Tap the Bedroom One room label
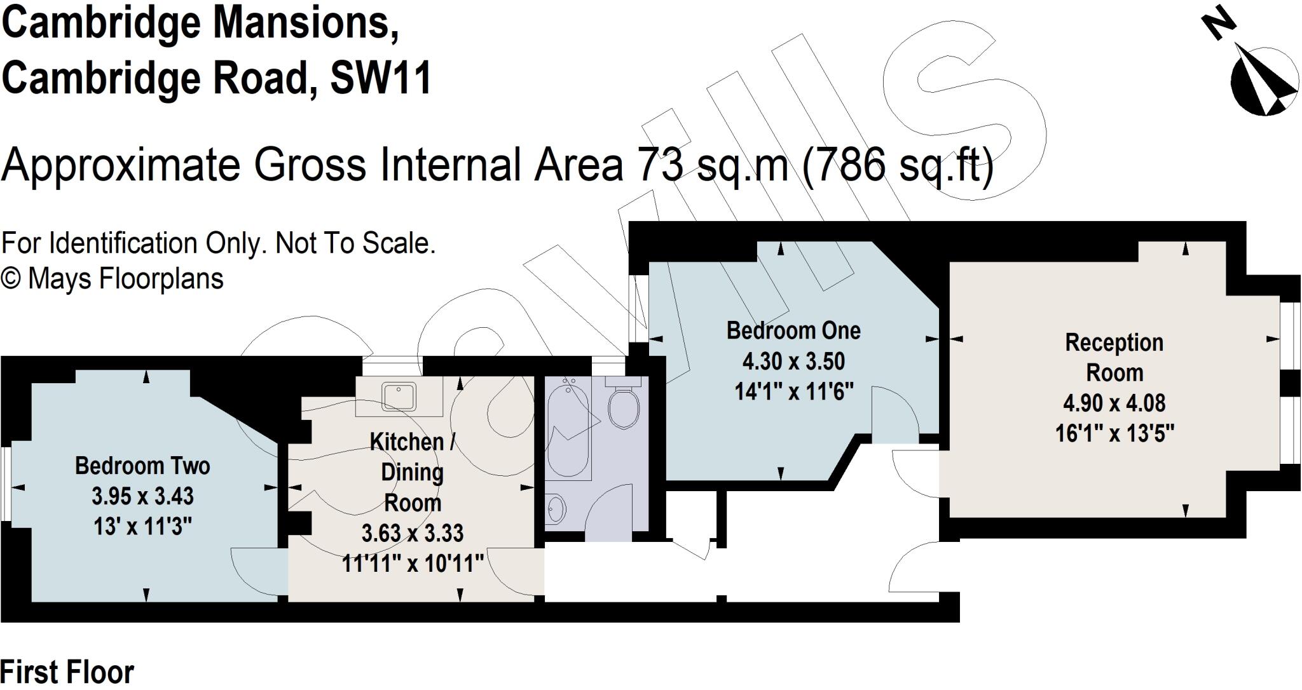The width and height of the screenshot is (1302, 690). (x=793, y=330)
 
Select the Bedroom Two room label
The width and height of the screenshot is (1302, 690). (x=142, y=466)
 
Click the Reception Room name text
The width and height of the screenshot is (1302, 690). (x=1114, y=357)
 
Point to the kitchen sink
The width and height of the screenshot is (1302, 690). (x=399, y=396)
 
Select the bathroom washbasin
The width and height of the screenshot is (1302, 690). (x=555, y=509)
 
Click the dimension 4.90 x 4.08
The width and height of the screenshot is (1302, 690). (x=1114, y=403)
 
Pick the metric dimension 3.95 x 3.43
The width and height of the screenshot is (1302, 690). (x=142, y=496)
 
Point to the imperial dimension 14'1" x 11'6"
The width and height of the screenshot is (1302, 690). (x=793, y=391)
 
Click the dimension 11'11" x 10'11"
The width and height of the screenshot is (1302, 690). (x=413, y=563)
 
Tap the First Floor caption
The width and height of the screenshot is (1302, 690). (x=67, y=672)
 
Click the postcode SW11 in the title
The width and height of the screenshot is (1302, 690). (x=381, y=79)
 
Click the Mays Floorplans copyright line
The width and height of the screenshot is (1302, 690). (x=113, y=279)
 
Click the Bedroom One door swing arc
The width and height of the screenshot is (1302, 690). (x=893, y=413)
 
